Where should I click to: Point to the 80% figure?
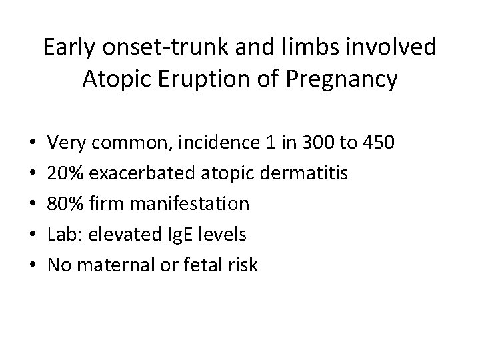click(66, 203)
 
